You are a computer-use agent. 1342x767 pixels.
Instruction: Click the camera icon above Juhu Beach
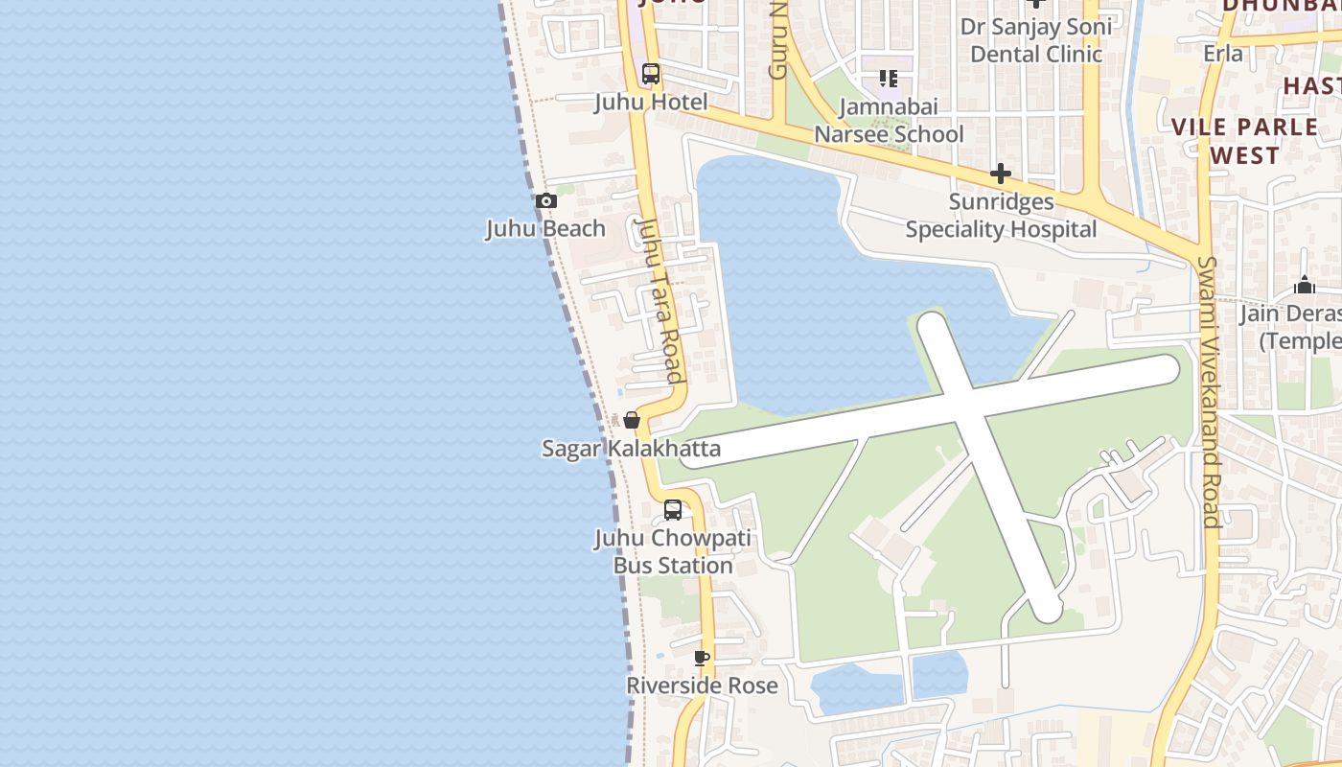(x=546, y=201)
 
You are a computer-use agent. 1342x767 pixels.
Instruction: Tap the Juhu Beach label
(x=545, y=229)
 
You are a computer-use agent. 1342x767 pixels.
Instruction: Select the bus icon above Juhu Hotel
(x=651, y=74)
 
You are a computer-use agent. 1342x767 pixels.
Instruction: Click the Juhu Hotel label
(x=651, y=103)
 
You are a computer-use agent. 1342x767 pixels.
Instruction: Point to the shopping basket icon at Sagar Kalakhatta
(x=632, y=420)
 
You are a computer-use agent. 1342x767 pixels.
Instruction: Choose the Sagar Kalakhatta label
(x=631, y=449)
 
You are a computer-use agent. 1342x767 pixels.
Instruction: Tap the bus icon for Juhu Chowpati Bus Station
(x=673, y=510)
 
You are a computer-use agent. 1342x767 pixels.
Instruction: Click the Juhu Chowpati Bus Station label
(x=673, y=552)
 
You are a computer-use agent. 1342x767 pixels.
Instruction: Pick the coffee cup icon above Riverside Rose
(x=702, y=658)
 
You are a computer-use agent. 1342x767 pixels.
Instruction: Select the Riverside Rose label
(x=702, y=686)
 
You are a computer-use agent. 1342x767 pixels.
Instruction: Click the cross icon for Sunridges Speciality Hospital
(x=1001, y=174)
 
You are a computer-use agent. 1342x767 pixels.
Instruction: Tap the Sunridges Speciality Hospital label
(x=1001, y=216)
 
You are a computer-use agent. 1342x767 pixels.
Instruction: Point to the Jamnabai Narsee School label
(x=889, y=121)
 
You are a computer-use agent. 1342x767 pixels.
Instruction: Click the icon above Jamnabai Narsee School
(x=889, y=79)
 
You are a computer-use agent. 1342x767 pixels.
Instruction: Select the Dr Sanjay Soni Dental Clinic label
(x=1036, y=40)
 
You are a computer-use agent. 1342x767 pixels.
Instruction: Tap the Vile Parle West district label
(x=1244, y=141)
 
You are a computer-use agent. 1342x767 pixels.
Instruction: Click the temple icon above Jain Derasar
(x=1305, y=285)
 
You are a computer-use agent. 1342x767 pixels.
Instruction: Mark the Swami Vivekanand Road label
(x=1209, y=393)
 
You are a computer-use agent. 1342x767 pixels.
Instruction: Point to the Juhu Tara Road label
(x=661, y=300)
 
